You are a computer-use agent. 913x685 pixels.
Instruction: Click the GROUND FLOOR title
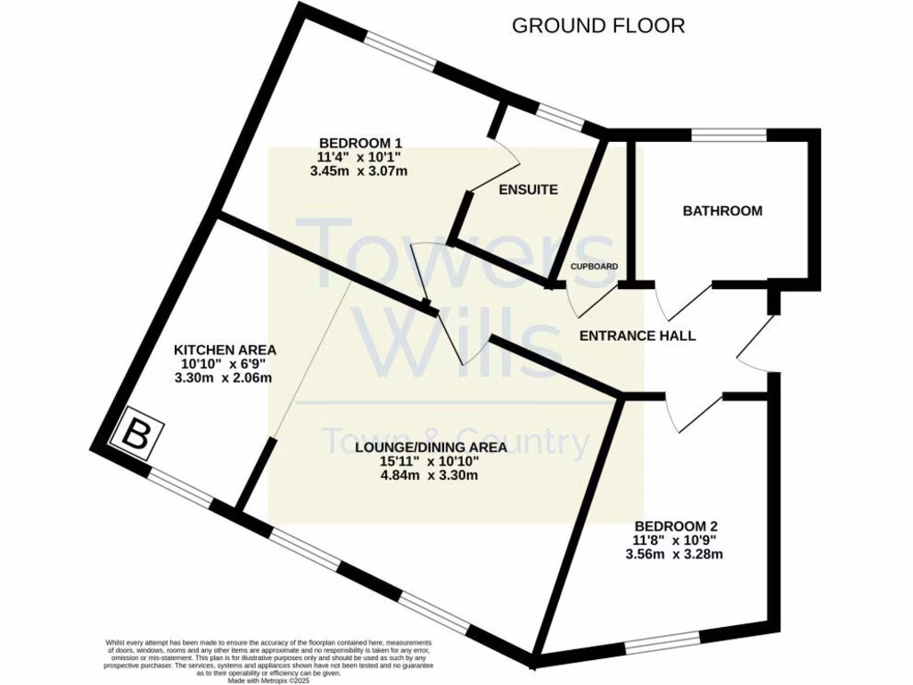point(598,25)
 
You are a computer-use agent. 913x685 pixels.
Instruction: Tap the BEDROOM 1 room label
point(361,143)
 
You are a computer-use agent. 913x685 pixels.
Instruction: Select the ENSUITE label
point(529,189)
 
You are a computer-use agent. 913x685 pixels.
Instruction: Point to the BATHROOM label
point(722,211)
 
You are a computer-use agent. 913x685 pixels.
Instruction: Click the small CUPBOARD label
point(594,267)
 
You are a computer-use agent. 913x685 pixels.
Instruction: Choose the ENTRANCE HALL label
point(637,336)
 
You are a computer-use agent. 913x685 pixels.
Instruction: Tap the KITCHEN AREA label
point(225,350)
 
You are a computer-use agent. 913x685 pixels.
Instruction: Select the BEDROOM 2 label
point(676,525)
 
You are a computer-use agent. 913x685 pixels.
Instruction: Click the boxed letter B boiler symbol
point(136,436)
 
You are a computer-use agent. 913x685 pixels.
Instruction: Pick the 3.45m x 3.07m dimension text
point(358,171)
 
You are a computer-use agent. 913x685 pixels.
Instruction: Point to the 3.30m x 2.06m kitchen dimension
point(223,378)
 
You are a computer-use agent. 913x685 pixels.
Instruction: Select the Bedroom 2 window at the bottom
point(662,643)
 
